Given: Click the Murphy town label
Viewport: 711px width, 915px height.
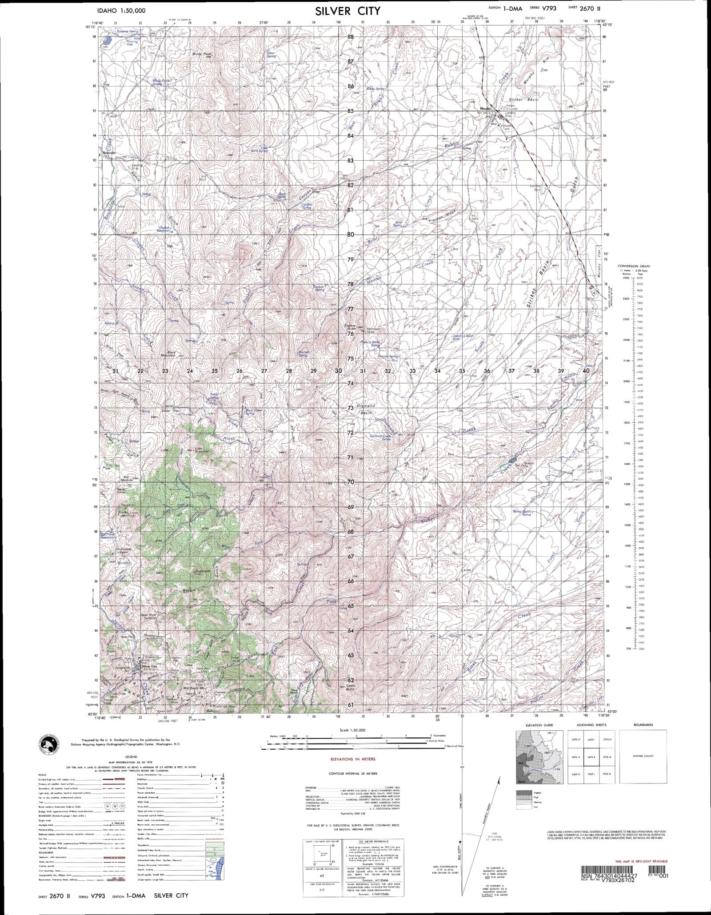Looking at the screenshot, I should [484, 108].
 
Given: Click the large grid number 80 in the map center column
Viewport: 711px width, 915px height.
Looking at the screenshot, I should [351, 235].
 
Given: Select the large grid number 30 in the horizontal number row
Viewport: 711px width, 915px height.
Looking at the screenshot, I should [339, 371].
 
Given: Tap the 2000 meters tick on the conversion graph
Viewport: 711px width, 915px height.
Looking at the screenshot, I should [626, 381].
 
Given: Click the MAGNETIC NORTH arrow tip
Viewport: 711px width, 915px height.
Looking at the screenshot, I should [500, 778].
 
